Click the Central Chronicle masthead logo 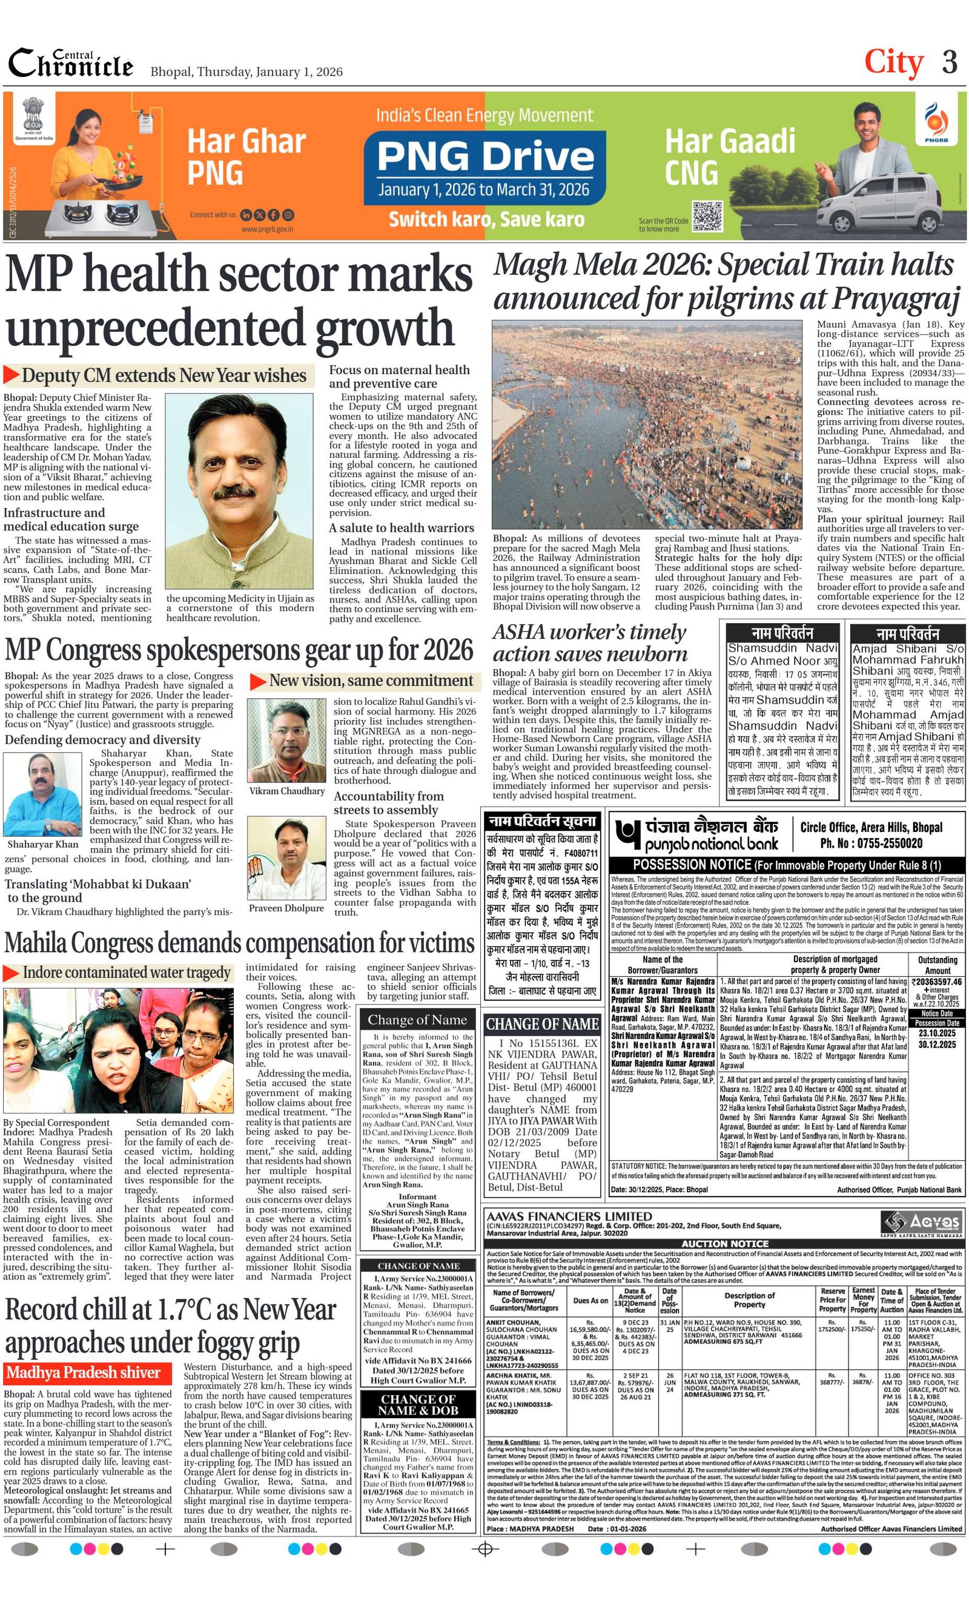point(70,64)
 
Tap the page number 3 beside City point(950,62)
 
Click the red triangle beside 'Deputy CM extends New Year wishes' point(12,375)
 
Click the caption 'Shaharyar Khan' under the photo point(43,844)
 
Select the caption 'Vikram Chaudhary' point(286,791)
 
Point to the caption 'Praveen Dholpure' point(286,908)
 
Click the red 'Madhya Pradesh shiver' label point(83,1372)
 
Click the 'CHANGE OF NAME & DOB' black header point(418,1405)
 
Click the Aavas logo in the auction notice point(921,1222)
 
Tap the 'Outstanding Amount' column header point(937,964)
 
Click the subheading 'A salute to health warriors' point(401,527)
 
